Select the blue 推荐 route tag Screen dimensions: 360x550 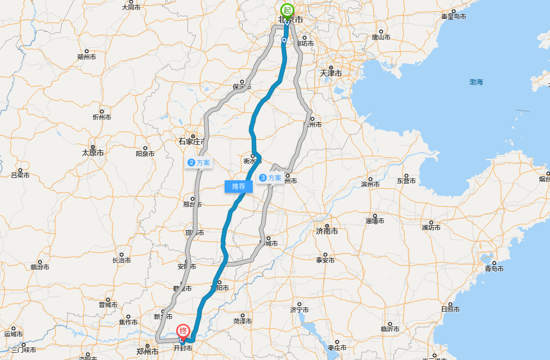coord(239,186)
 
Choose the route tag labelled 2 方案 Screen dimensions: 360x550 coord(199,163)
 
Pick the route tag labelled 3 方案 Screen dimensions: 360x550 coord(270,178)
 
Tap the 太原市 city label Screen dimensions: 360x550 coord(93,153)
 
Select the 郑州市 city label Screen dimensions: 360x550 coord(147,352)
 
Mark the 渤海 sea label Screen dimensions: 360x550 coord(476,82)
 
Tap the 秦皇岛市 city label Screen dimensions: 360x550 coord(454,16)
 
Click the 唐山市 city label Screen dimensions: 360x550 coord(381,37)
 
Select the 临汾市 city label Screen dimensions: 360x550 coord(41,267)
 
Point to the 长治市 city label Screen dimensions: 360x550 coord(122,260)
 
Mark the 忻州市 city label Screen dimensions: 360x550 coord(102,117)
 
